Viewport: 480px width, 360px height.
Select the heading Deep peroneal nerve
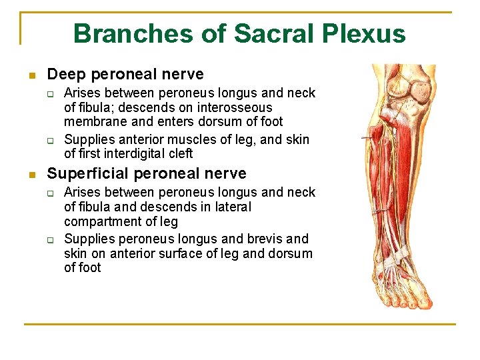coord(125,74)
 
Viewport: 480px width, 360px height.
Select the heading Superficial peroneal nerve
coord(146,174)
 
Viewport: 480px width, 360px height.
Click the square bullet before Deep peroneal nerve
coord(31,75)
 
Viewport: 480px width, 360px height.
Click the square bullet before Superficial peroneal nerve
coord(31,175)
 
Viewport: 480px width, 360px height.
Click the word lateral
coord(230,207)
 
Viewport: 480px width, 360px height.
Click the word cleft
coord(179,153)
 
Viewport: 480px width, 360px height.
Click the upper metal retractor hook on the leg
coord(369,137)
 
